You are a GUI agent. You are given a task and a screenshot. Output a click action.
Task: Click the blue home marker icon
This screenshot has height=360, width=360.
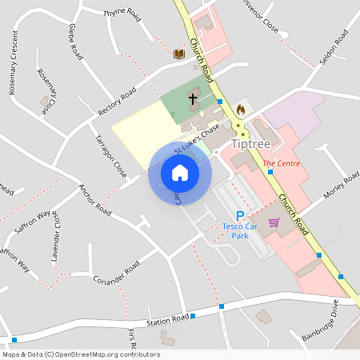click(180, 173)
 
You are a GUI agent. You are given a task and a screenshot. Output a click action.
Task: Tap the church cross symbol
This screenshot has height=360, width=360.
click(192, 99)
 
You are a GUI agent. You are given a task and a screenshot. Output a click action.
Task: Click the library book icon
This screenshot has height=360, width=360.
click(179, 54)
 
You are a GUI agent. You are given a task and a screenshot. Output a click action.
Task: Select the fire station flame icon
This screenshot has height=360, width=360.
click(240, 108)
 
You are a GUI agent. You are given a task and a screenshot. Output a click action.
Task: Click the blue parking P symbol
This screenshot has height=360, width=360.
click(239, 215)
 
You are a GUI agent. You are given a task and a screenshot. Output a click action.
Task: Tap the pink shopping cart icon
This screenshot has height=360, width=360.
click(274, 222)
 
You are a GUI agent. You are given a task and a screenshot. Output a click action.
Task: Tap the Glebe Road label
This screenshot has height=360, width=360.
click(77, 42)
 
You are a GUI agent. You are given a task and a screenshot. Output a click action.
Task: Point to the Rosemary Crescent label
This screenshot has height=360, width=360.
click(13, 63)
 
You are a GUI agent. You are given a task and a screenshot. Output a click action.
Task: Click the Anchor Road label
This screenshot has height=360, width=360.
click(94, 201)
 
